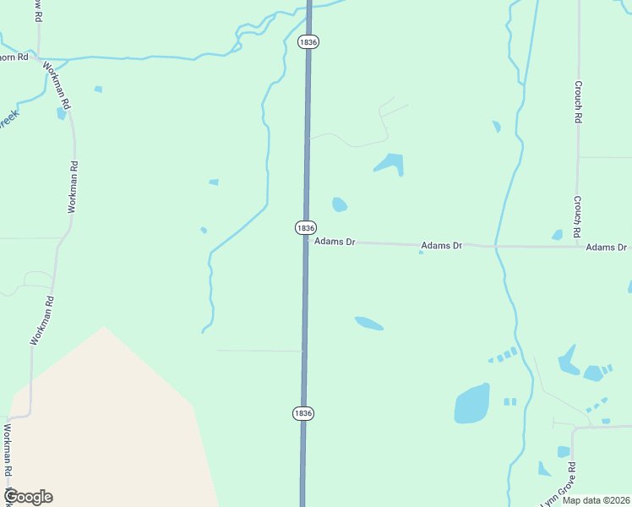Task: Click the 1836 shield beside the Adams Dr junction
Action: [x=306, y=228]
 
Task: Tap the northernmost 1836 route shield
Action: [x=308, y=41]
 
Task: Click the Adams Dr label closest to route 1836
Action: [x=335, y=242]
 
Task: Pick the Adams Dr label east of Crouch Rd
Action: [x=607, y=247]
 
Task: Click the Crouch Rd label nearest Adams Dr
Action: [x=577, y=216]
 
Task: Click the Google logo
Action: [x=28, y=497]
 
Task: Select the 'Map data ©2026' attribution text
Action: [x=596, y=500]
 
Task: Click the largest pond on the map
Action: [x=471, y=404]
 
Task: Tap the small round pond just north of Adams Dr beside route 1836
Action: [x=340, y=204]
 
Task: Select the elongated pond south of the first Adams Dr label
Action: [x=368, y=323]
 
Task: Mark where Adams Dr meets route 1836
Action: [x=305, y=242]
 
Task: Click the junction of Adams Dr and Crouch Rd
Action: [x=578, y=247]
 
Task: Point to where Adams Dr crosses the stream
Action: [x=496, y=246]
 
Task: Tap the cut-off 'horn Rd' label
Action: [x=14, y=57]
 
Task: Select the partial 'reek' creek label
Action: [x=8, y=119]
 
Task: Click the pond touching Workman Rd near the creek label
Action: [x=61, y=113]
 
